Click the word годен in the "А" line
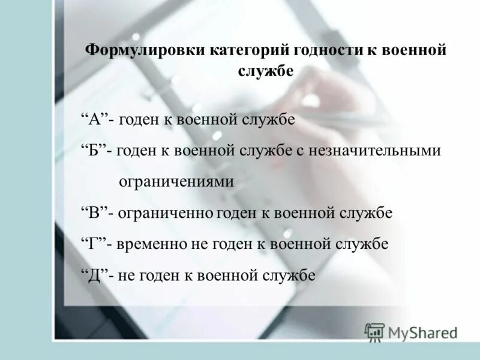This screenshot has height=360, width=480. pos(139,119)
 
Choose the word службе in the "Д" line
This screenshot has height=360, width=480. pos(287,275)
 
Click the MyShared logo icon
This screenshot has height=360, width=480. pos(374,332)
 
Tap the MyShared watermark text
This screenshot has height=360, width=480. pos(422,332)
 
